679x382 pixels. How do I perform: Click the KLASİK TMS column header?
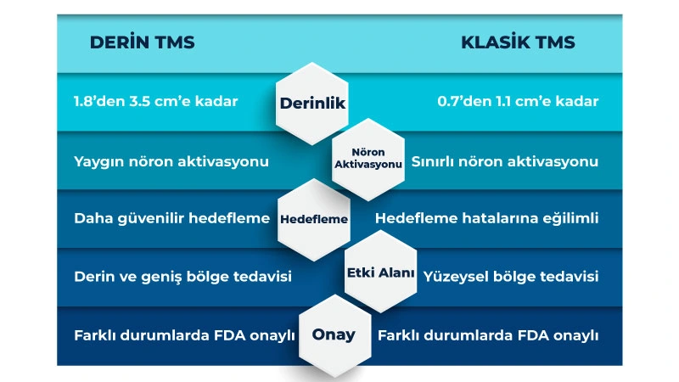pos(518,43)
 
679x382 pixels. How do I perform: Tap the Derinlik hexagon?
pos(313,103)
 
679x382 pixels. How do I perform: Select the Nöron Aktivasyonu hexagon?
pos(368,159)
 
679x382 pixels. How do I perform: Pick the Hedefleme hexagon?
pos(314,219)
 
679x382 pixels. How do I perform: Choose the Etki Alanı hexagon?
pos(380,273)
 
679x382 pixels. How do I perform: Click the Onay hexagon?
pos(334,334)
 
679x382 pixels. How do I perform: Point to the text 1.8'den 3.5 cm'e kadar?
pos(155,102)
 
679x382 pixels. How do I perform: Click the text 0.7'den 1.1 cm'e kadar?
pos(518,102)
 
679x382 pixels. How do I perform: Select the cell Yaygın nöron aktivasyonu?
pos(171,160)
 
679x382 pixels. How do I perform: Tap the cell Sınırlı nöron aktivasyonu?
pos(505,160)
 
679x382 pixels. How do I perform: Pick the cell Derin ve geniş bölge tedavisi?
pos(182,277)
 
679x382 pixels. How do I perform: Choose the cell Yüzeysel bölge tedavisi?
pos(511,277)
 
